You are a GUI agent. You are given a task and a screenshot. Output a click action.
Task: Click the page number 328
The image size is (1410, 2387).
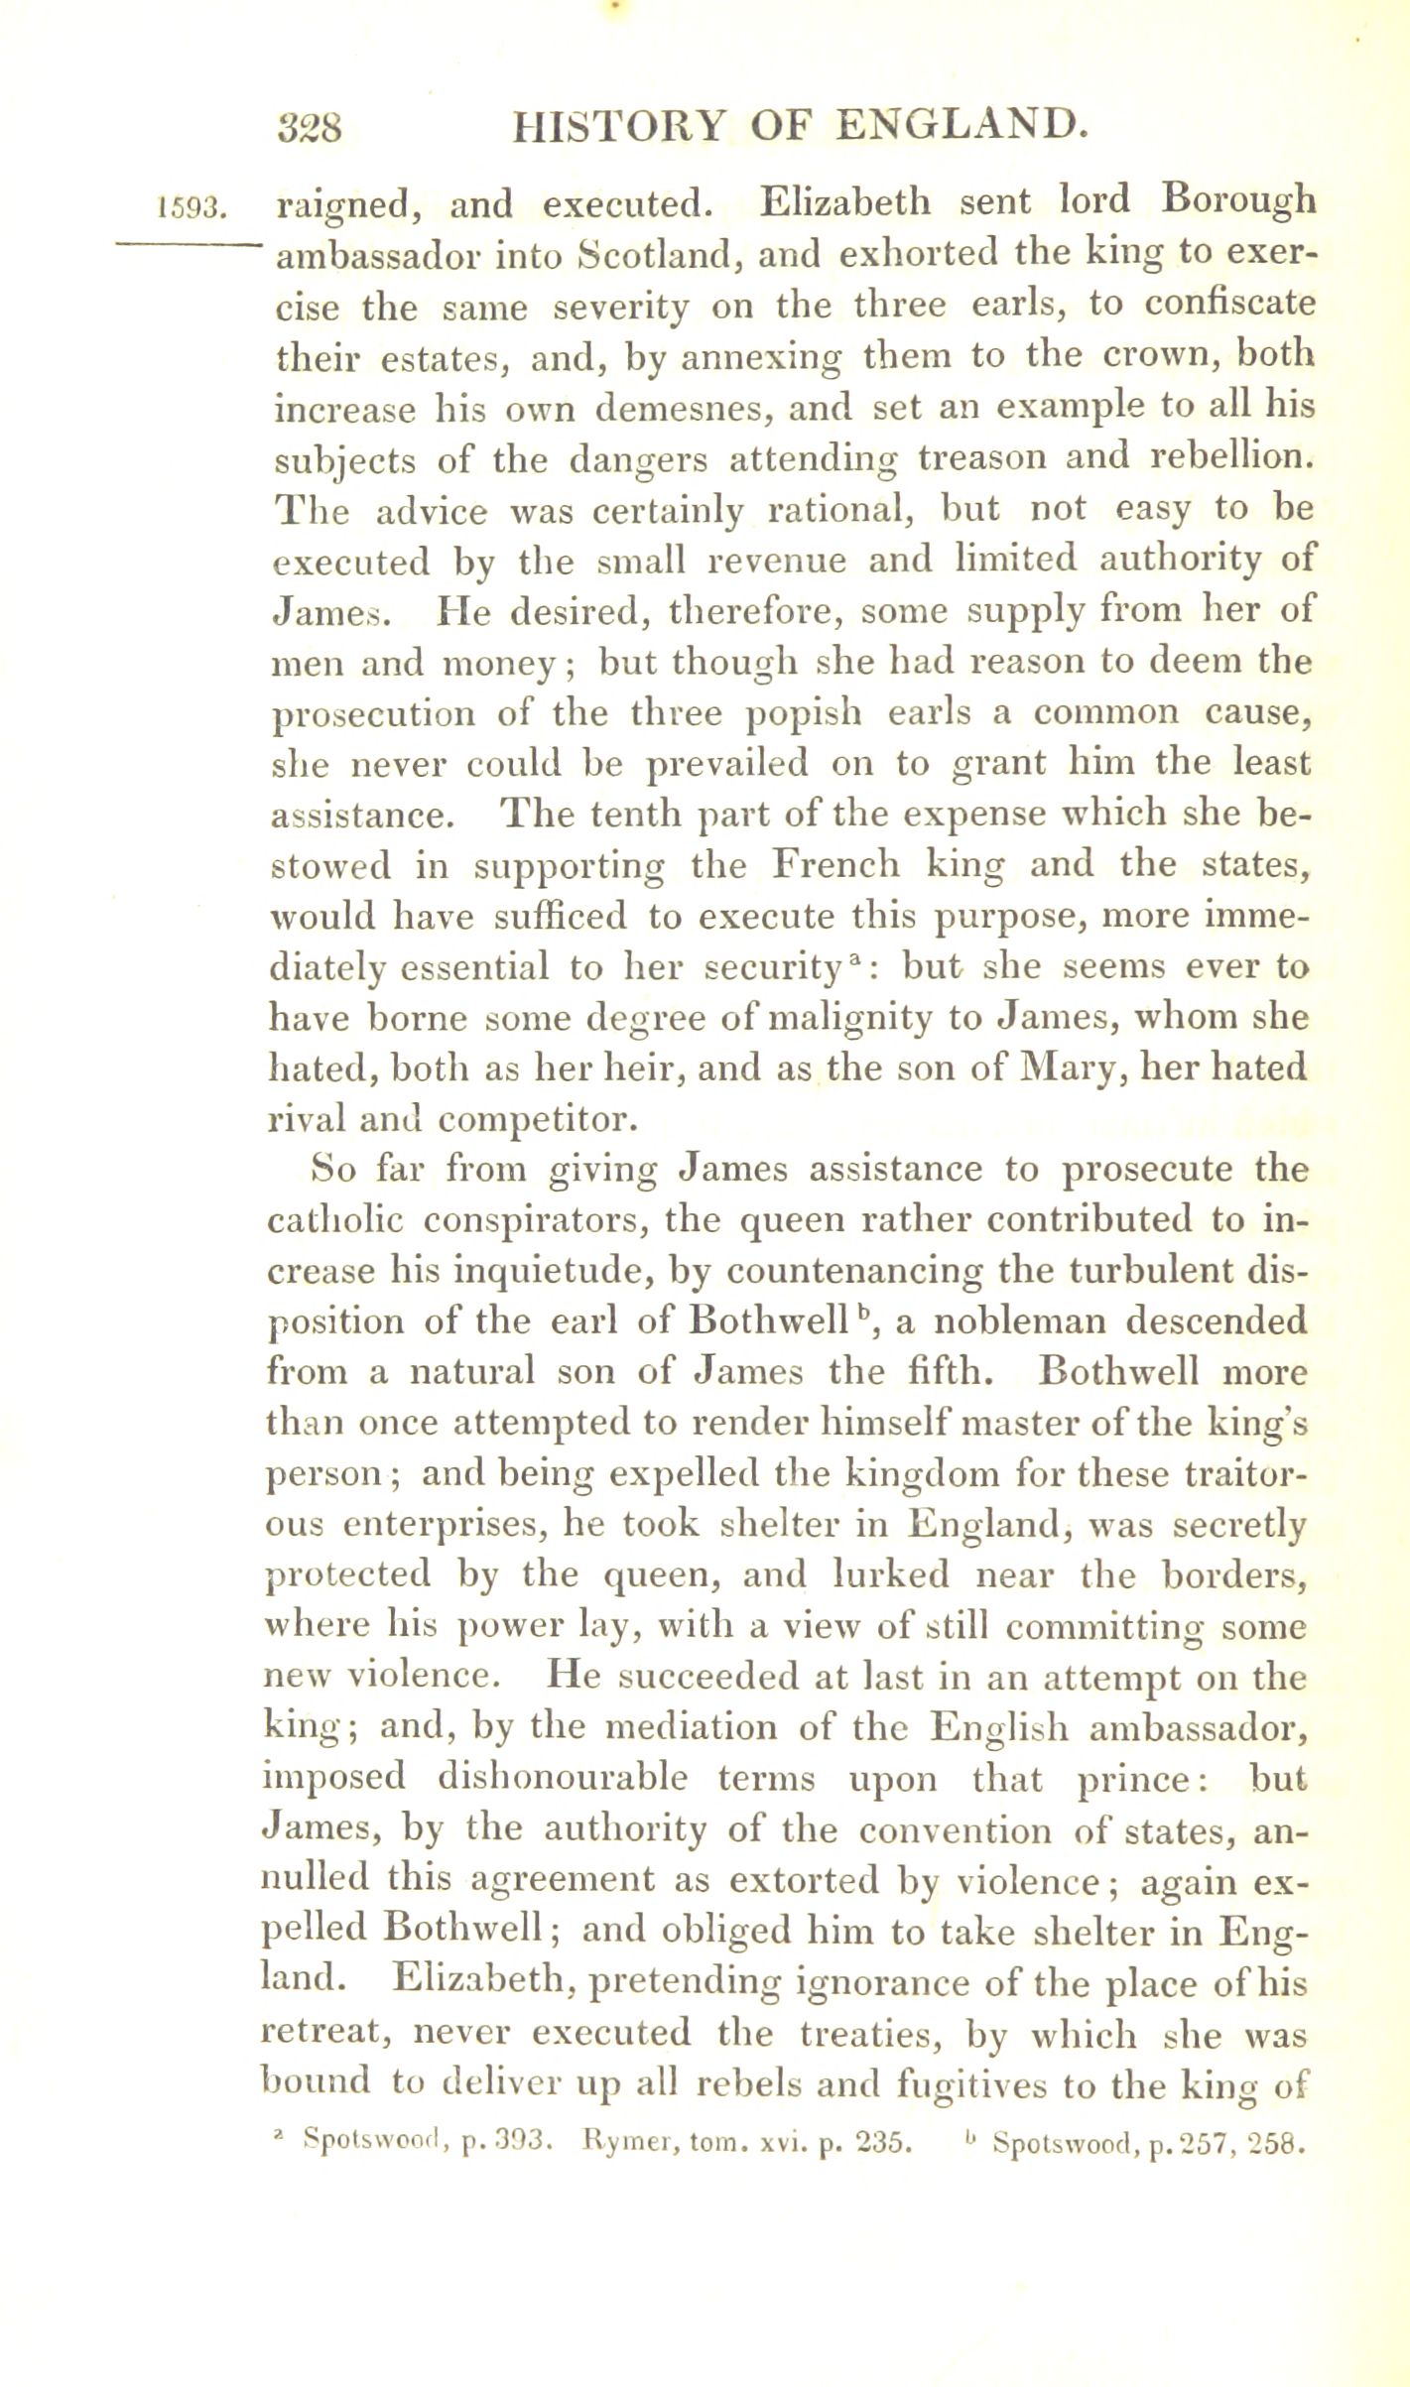[312, 127]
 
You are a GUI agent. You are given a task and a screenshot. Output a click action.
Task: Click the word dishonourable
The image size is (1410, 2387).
[562, 1777]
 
